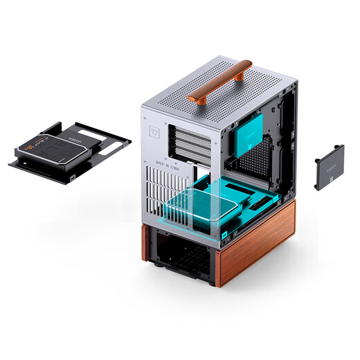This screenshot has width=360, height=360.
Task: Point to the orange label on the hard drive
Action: [x=31, y=148]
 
